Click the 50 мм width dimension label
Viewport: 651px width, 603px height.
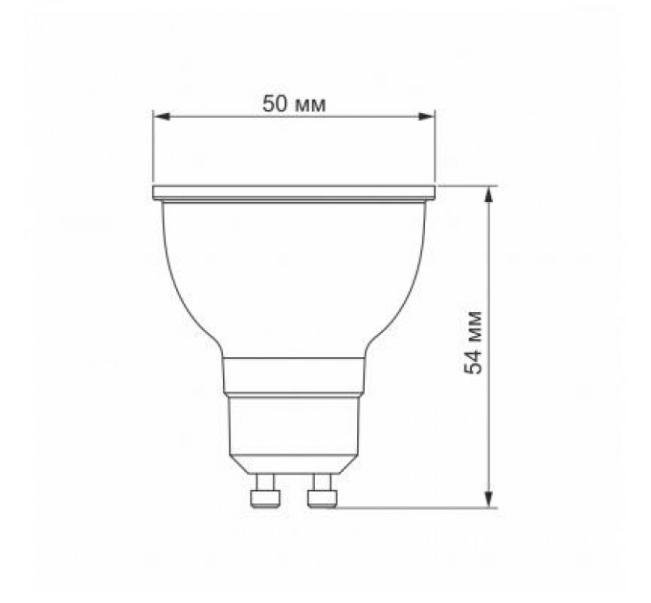(x=294, y=103)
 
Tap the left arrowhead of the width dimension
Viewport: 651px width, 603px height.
(x=161, y=117)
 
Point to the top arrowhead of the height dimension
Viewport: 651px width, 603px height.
(x=489, y=192)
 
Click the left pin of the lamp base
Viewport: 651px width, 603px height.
(x=261, y=495)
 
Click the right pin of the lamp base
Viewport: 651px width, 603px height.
(x=323, y=495)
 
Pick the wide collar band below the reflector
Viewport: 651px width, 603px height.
(x=293, y=376)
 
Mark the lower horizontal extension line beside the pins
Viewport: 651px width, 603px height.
(x=412, y=508)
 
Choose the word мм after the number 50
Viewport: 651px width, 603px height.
(x=310, y=103)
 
